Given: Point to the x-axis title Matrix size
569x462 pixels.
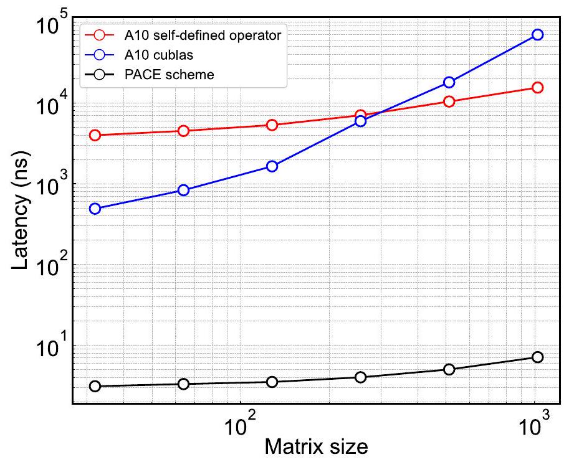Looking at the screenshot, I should (316, 446).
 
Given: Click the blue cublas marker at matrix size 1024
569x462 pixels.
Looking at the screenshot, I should (537, 35).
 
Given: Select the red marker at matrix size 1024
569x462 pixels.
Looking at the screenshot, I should (537, 88).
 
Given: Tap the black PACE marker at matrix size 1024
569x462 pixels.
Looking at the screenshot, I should (537, 357).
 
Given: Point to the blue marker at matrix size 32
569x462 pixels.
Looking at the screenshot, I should (95, 209).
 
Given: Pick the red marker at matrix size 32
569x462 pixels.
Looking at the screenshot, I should (95, 135).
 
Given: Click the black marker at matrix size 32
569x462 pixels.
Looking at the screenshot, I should (95, 386).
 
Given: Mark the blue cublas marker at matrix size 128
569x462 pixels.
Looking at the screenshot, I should (272, 166).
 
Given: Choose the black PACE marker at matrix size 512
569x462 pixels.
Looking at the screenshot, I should (449, 369).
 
